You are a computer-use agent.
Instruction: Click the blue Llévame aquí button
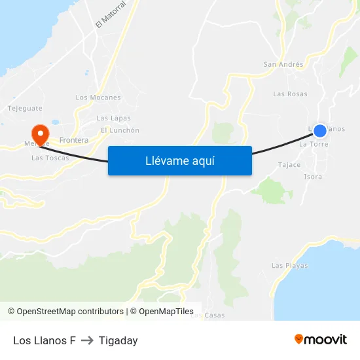click(x=179, y=160)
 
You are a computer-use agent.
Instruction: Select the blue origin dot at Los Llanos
click(x=319, y=131)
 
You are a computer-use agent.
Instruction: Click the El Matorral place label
click(x=110, y=14)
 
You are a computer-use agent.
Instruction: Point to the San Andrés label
click(x=283, y=64)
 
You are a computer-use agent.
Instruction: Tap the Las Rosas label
click(x=290, y=94)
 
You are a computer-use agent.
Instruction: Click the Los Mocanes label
click(x=98, y=98)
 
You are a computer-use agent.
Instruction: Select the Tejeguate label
click(x=25, y=108)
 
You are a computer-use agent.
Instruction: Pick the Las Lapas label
click(x=113, y=118)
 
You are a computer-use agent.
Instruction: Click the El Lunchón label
click(x=120, y=130)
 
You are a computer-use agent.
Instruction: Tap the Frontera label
click(x=73, y=140)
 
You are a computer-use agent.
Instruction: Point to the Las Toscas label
click(x=50, y=158)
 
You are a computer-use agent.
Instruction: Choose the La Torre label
click(x=313, y=143)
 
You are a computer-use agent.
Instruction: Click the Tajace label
click(x=289, y=165)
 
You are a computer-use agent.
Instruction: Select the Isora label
click(x=313, y=177)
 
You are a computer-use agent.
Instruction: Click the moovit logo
click(x=320, y=340)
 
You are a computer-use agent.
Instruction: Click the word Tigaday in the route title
click(x=118, y=340)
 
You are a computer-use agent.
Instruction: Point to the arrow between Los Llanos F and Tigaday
click(x=87, y=340)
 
